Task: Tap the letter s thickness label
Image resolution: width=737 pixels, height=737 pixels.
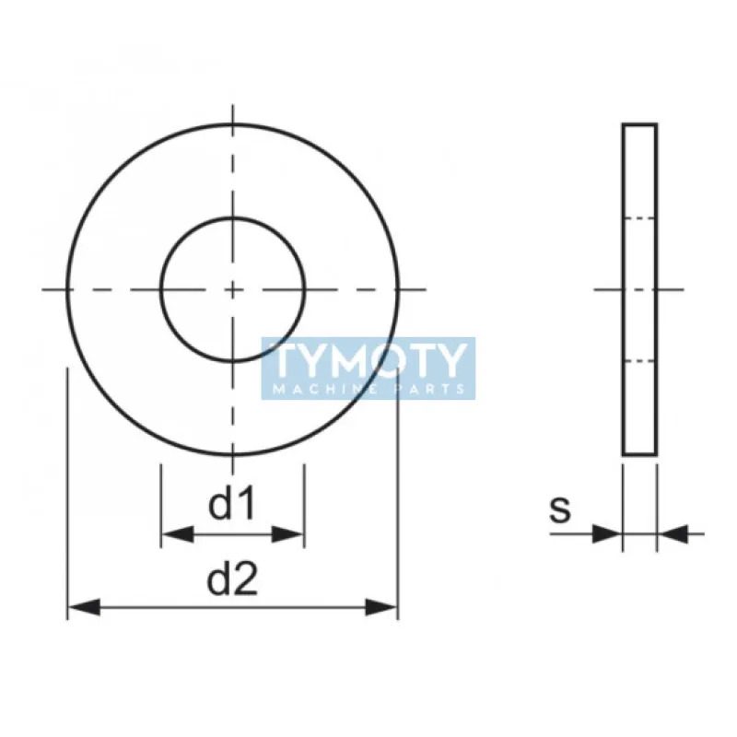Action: [x=560, y=509]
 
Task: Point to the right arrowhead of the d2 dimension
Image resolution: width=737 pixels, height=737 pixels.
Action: [x=382, y=607]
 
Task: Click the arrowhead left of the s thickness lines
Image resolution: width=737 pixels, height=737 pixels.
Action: [x=607, y=532]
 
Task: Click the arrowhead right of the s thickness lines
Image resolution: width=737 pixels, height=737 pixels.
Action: [x=673, y=532]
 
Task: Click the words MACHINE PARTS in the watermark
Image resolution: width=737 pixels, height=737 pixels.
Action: [x=368, y=389]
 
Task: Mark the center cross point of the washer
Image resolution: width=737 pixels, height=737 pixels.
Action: [x=232, y=289]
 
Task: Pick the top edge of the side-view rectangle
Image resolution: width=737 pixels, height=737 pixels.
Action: [x=639, y=124]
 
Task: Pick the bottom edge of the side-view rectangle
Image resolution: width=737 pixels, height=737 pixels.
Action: [x=639, y=454]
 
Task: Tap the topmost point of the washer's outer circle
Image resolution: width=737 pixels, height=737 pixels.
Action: [x=232, y=124]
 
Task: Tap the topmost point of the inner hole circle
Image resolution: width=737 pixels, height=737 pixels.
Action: [x=232, y=218]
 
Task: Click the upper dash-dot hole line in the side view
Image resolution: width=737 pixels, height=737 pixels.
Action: [x=639, y=218]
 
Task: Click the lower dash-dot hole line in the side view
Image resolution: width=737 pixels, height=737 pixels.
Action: [x=639, y=360]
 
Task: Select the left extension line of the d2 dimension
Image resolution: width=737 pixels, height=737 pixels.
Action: [x=67, y=488]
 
